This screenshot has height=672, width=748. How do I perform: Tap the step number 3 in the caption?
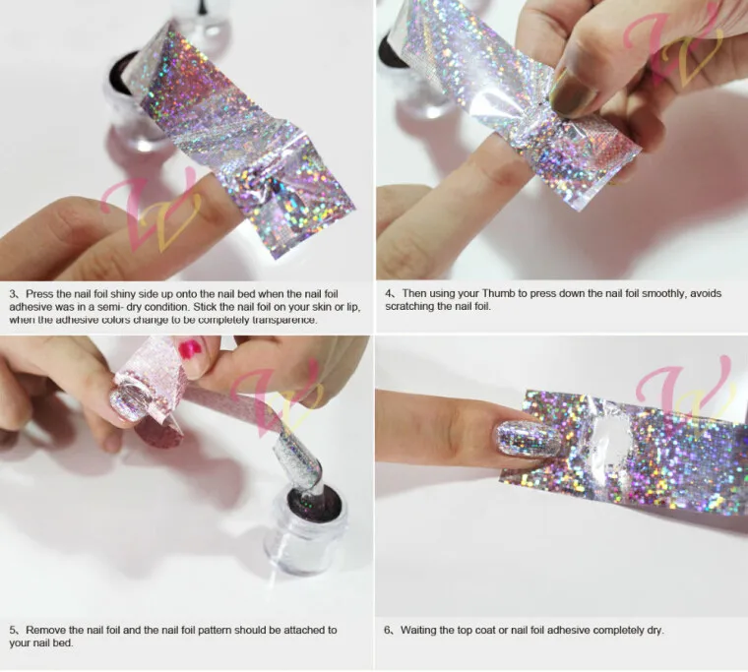coord(13,294)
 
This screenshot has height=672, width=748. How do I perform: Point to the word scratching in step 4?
coord(407,306)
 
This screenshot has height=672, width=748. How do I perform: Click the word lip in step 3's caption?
coord(353,307)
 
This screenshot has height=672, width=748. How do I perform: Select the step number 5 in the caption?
coord(13,630)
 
